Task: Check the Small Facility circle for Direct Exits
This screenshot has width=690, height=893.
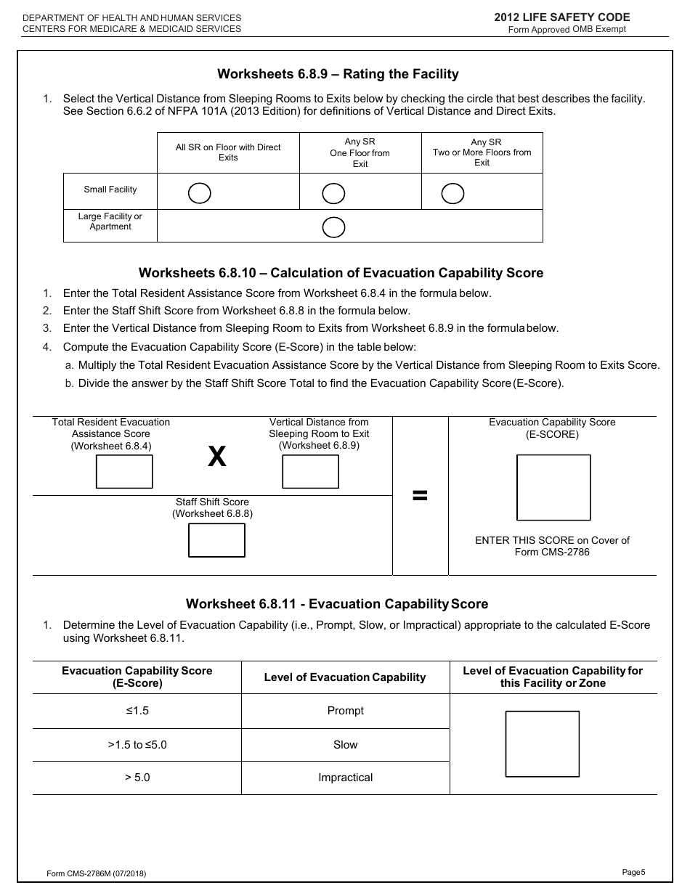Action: point(200,193)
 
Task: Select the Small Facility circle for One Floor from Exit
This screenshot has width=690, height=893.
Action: point(333,193)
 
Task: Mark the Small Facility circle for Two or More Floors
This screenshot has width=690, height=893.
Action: point(452,193)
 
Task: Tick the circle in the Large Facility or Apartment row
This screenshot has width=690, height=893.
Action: point(333,227)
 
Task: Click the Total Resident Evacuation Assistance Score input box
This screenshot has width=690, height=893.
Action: point(125,472)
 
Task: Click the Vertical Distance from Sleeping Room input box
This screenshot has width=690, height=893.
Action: point(310,472)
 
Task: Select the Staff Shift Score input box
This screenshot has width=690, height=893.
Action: point(216,540)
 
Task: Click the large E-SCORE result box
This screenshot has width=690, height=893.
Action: point(553,488)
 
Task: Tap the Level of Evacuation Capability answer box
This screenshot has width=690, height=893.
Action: point(542,744)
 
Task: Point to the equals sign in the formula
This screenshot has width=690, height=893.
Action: point(420,496)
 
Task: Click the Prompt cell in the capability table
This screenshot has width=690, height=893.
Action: point(345,711)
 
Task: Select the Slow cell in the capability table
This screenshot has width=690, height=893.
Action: point(345,745)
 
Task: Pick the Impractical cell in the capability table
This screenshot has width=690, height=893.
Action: point(345,778)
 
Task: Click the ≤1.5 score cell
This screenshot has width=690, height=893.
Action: point(137,711)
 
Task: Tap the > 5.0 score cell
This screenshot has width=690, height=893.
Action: point(137,778)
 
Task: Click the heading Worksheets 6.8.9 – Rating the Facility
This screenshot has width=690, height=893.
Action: point(338,74)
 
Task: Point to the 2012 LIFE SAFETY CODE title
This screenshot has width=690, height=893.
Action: point(561,17)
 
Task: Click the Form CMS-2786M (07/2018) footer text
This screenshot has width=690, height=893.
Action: point(96,874)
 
